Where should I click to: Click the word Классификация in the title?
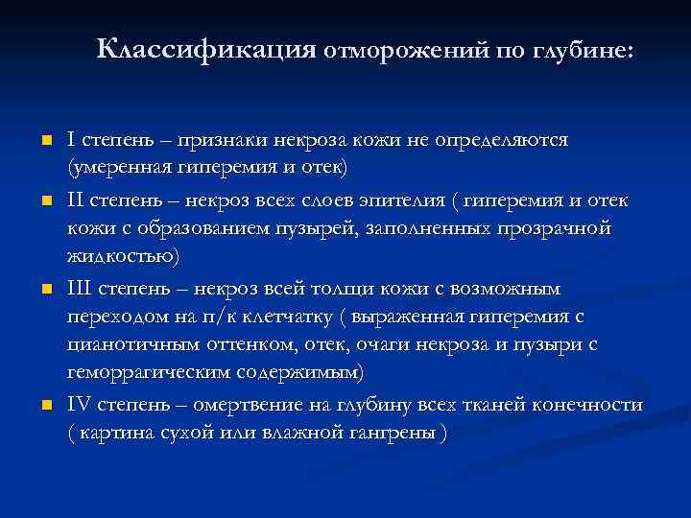(206, 48)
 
